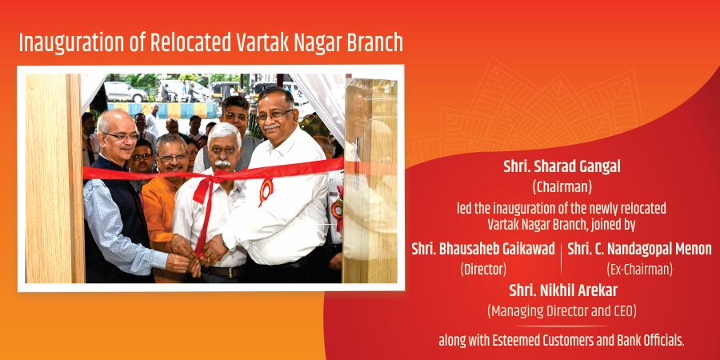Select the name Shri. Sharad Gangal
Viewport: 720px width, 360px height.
click(562, 166)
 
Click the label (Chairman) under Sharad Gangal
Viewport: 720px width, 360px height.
click(562, 187)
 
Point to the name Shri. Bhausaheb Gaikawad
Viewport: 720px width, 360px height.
click(483, 249)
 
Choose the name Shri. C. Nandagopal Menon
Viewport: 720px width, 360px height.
click(639, 249)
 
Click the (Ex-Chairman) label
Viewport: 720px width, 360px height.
click(639, 270)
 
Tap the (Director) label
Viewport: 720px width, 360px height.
click(483, 270)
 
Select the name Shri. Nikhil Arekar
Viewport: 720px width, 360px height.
click(563, 290)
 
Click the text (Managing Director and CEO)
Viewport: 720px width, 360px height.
click(562, 311)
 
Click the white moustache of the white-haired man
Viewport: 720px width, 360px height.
click(222, 162)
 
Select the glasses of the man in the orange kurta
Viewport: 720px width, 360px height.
click(172, 157)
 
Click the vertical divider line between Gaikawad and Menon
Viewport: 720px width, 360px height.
click(561, 258)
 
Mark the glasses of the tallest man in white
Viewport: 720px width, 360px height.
click(274, 114)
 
